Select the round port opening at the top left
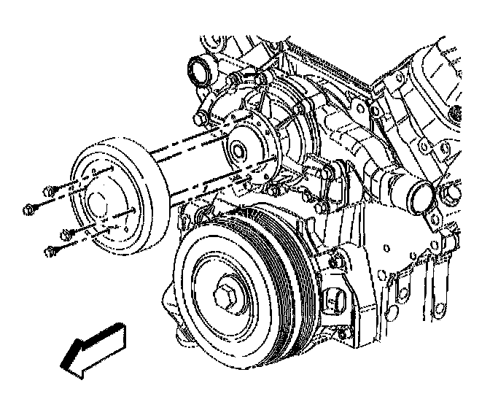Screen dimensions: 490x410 click(199, 71)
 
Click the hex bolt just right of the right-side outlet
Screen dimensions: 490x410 click(450, 193)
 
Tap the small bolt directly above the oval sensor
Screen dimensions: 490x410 click(336, 259)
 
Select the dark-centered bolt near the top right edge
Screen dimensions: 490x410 click(456, 114)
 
